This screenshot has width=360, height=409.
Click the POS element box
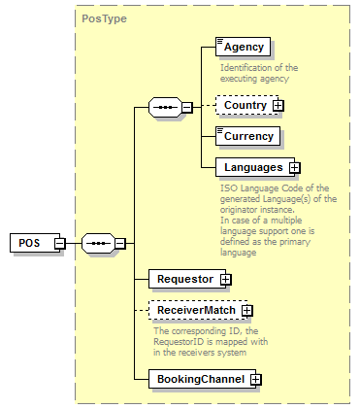(30, 243)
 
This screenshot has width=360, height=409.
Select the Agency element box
(243, 47)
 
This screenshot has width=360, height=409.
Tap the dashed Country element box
(244, 105)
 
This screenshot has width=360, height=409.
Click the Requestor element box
(184, 280)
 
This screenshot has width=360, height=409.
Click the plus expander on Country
(278, 105)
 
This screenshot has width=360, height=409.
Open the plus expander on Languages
(294, 168)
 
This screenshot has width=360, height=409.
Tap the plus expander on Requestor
(226, 280)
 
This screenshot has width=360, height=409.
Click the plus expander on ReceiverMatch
(246, 311)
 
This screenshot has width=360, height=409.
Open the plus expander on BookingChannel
(255, 379)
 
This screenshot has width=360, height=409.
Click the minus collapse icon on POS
(59, 243)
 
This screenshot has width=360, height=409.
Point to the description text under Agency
(259, 72)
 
